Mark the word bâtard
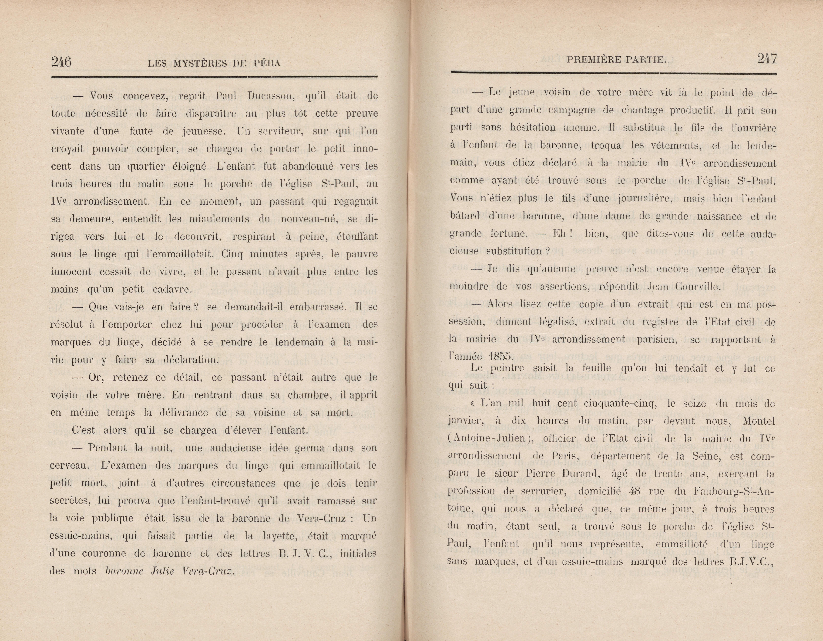click(x=465, y=216)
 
